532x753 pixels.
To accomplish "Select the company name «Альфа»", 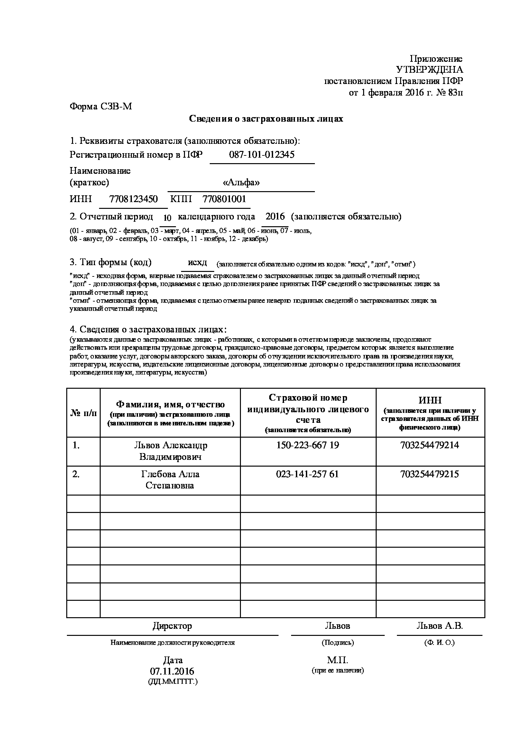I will point(241,183).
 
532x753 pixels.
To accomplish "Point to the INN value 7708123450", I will point(133,199).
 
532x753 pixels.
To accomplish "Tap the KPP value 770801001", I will point(225,199).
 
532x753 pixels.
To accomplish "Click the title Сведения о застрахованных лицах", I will point(266,119).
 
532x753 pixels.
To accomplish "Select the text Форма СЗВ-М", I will point(101,107).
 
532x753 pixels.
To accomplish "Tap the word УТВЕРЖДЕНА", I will point(429,70).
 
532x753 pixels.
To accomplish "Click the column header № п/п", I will point(84,413).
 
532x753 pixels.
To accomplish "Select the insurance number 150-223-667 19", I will point(308,445).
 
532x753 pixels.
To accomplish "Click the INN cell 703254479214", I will point(429,445).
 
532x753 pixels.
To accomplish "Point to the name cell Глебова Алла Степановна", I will point(170,480).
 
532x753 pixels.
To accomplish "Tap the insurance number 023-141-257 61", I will point(308,474).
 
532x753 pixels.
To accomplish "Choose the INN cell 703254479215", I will point(429,474).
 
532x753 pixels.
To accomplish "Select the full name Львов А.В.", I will point(440,626).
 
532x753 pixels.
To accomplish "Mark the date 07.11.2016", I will point(172,671).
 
